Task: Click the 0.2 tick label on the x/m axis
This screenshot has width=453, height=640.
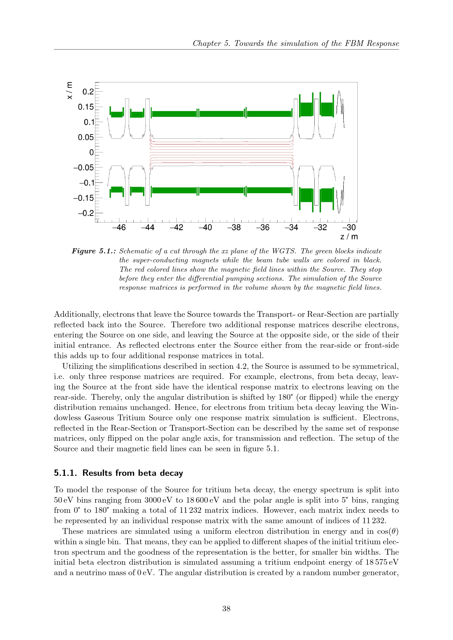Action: pos(88,92)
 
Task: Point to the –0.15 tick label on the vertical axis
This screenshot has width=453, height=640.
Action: pos(84,198)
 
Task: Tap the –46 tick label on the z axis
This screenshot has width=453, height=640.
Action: pos(119,228)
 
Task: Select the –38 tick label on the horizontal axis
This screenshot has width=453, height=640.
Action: pos(234,228)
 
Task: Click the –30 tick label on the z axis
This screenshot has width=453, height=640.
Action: pos(349,228)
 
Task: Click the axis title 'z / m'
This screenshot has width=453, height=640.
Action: pos(349,237)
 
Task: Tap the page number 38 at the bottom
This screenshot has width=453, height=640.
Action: pos(226,609)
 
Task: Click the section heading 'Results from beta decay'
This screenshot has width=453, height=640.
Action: pos(133,473)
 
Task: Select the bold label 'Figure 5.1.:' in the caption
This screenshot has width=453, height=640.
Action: pos(94,251)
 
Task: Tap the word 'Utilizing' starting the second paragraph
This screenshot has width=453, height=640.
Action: pos(78,366)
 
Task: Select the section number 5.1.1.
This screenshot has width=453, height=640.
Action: pos(65,473)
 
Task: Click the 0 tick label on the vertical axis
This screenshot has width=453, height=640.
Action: pos(91,153)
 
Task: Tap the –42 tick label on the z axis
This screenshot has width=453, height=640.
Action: pos(177,228)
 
